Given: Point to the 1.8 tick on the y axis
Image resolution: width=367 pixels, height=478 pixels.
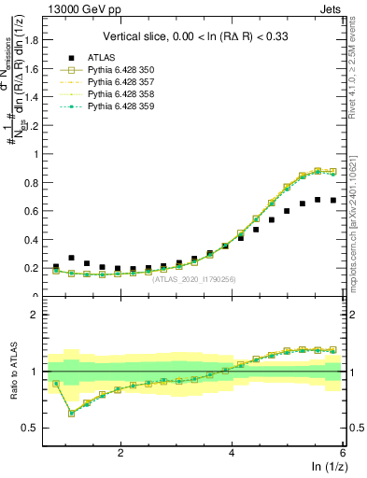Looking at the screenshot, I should pos(38,40).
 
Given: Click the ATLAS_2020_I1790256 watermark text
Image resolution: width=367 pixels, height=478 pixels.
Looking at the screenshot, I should pos(193,278).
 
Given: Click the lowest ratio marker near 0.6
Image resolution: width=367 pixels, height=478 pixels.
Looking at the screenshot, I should pos(72,413).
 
